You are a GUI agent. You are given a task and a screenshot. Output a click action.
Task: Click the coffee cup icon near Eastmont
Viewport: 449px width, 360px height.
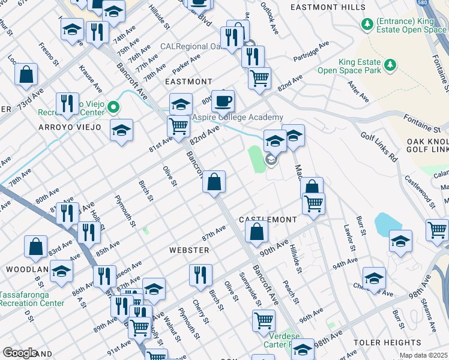[x=223, y=101]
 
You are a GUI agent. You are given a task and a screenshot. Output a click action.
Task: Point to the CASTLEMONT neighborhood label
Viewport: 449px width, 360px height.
[x=268, y=220]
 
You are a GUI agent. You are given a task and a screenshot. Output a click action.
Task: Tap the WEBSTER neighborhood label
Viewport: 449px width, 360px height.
[x=188, y=250]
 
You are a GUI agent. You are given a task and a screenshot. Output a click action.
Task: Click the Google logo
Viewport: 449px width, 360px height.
[x=19, y=353]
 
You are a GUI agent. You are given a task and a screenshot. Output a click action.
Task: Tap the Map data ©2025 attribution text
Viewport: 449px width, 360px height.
[x=423, y=356]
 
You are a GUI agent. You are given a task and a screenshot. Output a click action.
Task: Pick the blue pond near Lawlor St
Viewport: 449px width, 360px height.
[x=387, y=225]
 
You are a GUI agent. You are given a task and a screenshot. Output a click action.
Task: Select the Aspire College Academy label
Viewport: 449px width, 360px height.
[x=237, y=118]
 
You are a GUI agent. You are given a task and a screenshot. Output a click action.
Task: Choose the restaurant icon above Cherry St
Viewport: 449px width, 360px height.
[x=201, y=275]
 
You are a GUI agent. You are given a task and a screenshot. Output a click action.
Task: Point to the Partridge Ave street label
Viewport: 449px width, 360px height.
[x=311, y=52]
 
